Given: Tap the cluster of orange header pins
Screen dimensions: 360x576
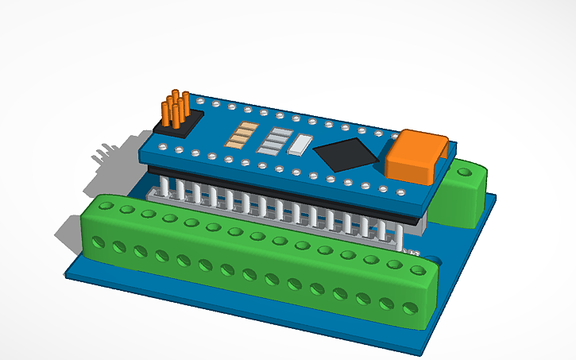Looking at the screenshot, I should coord(176,109).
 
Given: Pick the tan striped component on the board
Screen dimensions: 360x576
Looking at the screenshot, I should coord(240,137).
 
